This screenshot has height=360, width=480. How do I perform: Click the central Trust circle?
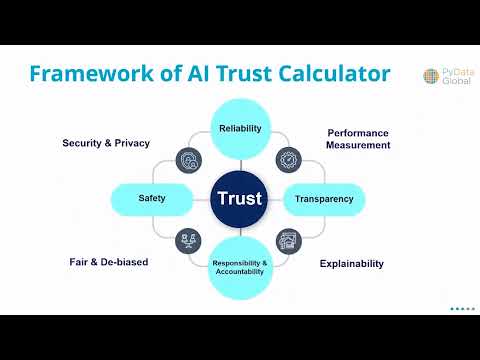[240, 198]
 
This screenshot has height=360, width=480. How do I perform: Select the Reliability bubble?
[240, 127]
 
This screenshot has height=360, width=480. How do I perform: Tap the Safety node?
[151, 199]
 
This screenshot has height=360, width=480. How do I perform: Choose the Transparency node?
[324, 199]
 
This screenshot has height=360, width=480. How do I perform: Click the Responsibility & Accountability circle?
[240, 268]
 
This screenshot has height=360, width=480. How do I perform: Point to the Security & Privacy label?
[106, 143]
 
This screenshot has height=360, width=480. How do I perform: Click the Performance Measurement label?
[358, 138]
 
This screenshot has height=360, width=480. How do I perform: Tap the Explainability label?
[352, 264]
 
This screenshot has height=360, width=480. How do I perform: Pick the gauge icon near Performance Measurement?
[288, 158]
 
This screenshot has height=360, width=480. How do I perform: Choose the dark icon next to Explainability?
[288, 240]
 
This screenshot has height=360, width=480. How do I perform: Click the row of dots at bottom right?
[462, 309]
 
